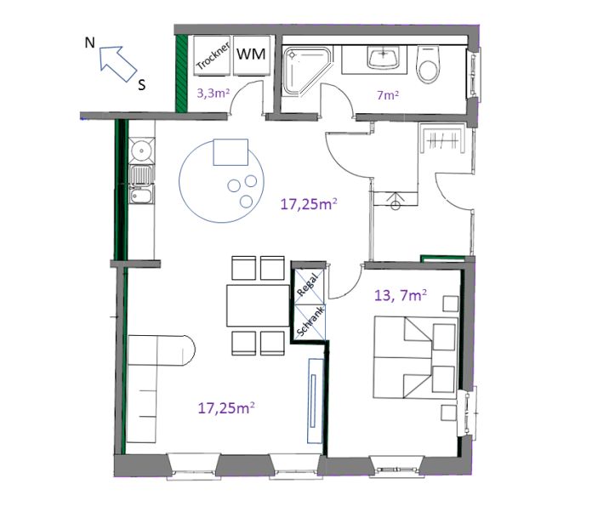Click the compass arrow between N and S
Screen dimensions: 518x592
click(116, 62)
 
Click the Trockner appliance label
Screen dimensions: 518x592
click(209, 56)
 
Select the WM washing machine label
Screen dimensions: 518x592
click(251, 54)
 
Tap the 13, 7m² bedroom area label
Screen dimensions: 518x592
click(401, 296)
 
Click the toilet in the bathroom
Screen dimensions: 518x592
click(428, 61)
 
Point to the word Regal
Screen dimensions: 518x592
click(308, 281)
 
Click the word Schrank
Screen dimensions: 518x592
click(308, 320)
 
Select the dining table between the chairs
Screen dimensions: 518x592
click(258, 305)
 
